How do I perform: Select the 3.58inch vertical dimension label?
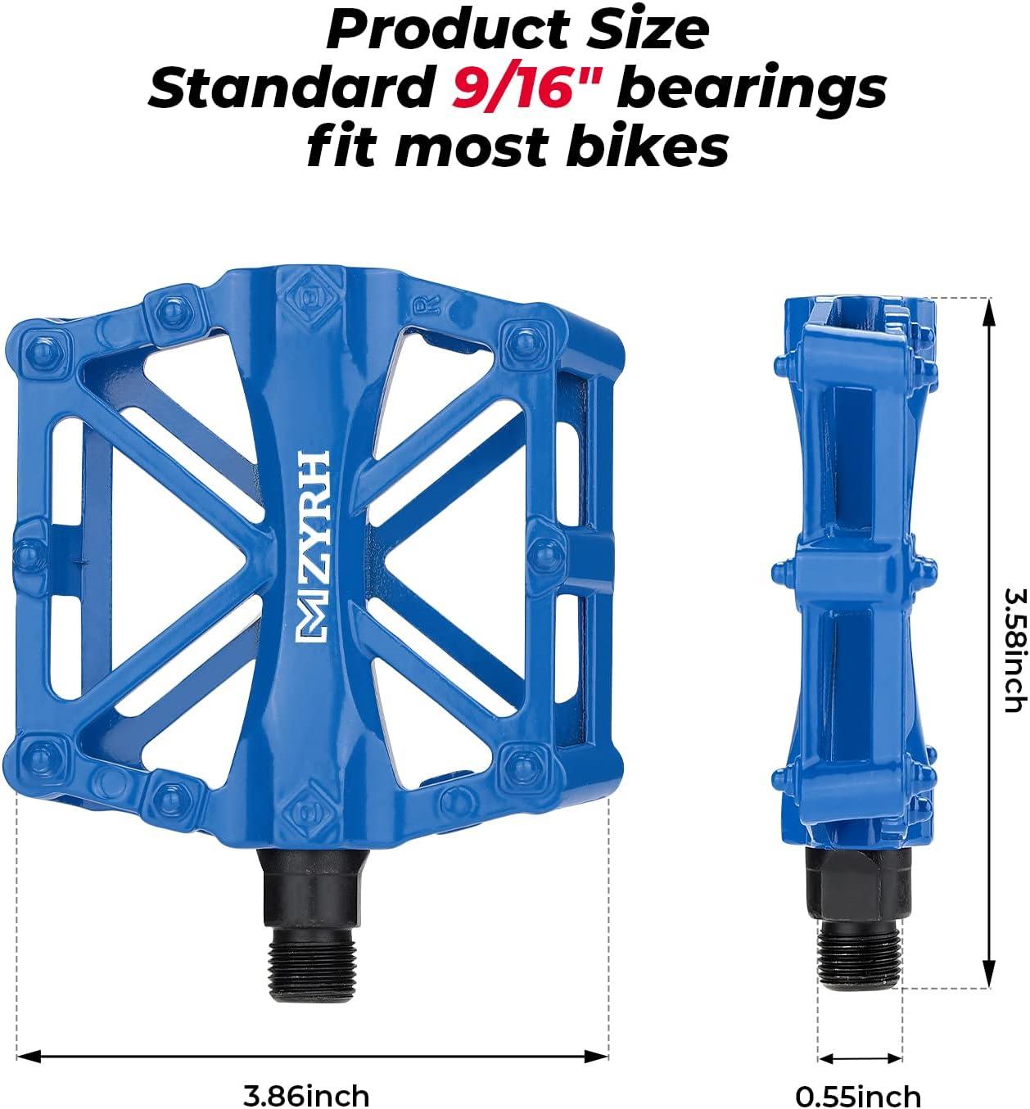coord(1014,649)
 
